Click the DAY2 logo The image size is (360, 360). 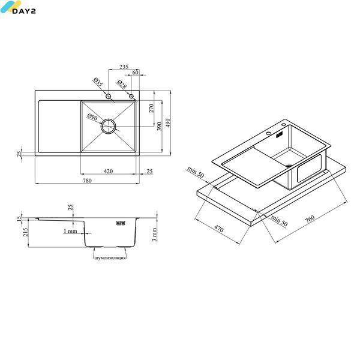18,7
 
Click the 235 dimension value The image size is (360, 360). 124,67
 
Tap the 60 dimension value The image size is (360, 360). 136,72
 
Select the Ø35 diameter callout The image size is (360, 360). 98,82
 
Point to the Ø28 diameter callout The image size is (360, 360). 122,84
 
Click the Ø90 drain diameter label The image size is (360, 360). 92,117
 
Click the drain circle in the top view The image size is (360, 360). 108,126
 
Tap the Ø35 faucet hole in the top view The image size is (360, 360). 109,96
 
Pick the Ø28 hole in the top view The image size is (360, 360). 131,96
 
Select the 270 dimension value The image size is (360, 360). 151,108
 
